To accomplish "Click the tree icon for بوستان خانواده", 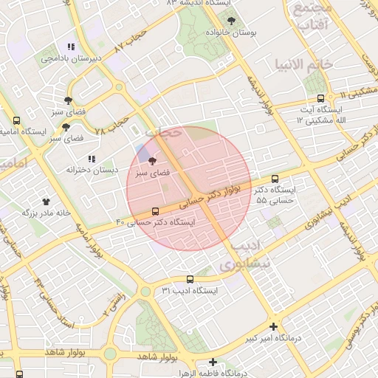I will pyautogui.click(x=231, y=21).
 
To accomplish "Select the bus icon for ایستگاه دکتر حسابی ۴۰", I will pyautogui.click(x=154, y=210).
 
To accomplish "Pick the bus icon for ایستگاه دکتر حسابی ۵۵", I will pyautogui.click(x=275, y=179).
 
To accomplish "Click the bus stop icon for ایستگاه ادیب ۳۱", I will pyautogui.click(x=190, y=279).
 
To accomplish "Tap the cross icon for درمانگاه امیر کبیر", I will pyautogui.click(x=273, y=326).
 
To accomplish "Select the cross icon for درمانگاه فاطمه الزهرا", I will pyautogui.click(x=213, y=362).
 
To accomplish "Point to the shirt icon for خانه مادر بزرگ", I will pyautogui.click(x=47, y=200).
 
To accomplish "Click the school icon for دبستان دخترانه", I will pyautogui.click(x=92, y=159).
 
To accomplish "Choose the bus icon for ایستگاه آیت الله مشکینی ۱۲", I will pyautogui.click(x=320, y=99).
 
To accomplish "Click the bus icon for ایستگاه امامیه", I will pyautogui.click(x=17, y=121).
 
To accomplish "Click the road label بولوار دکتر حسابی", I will pyautogui.click(x=221, y=193).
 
